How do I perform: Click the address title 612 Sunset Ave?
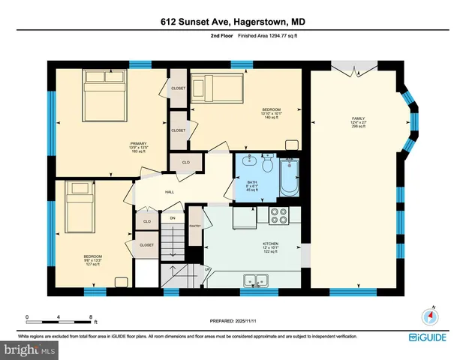point(233,22)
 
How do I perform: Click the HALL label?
point(170,191)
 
